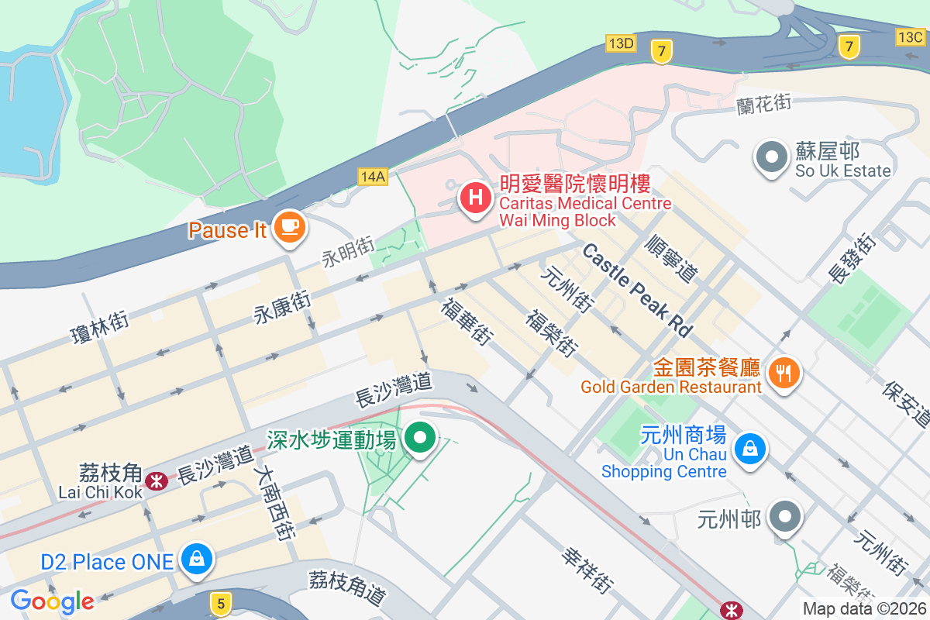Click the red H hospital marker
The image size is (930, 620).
click(x=476, y=198)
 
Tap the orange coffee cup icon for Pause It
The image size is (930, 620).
click(x=290, y=227)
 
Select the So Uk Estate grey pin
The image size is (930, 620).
click(x=771, y=157)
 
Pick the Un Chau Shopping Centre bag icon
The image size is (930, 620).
click(x=749, y=449)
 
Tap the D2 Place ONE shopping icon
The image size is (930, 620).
click(x=197, y=558)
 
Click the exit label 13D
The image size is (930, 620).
click(x=621, y=43)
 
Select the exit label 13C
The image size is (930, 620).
click(x=910, y=36)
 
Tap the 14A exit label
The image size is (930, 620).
click(x=373, y=177)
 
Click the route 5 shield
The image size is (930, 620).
click(x=221, y=602)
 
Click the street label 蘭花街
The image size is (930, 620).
click(x=764, y=102)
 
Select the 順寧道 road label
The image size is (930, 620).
click(x=671, y=259)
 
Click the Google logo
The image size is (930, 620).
click(x=52, y=601)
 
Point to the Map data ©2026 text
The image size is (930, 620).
click(x=863, y=609)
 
